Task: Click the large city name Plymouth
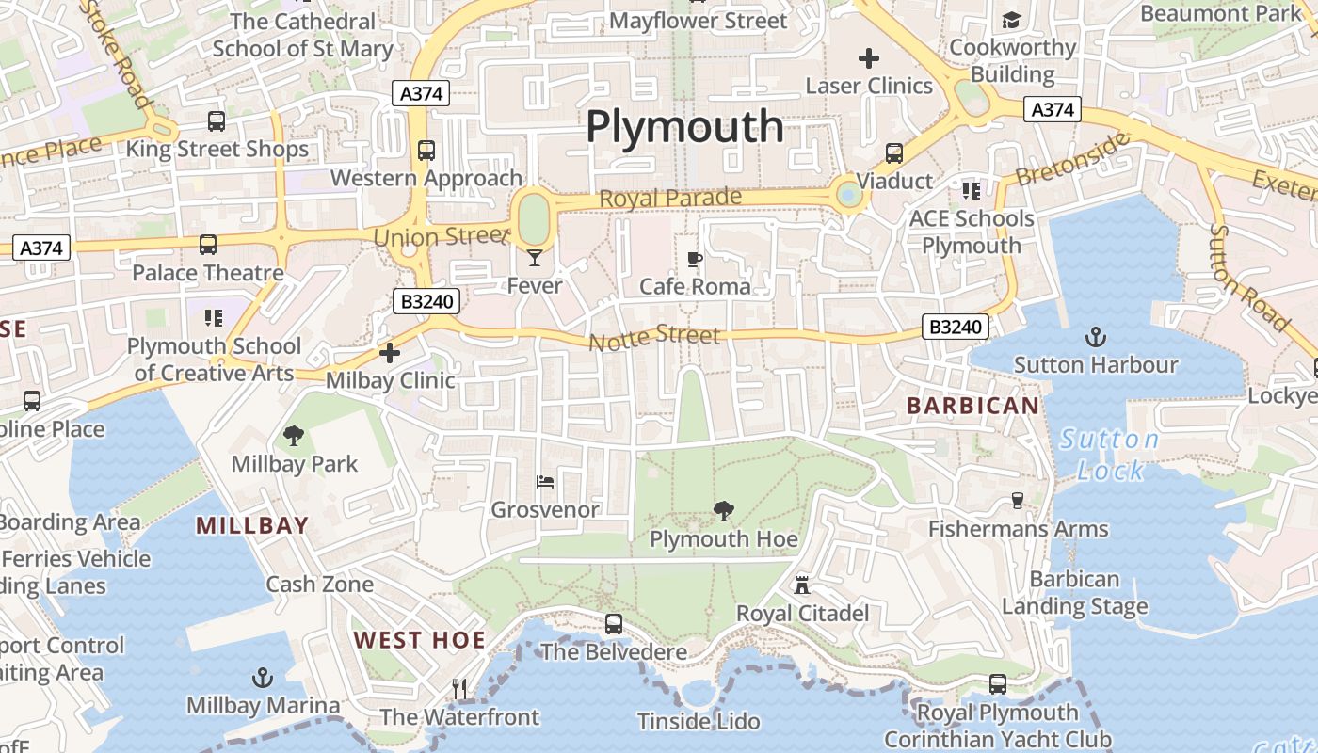point(684,126)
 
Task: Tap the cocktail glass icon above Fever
point(535,257)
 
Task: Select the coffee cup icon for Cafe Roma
point(695,259)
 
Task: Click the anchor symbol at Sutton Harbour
point(1095,337)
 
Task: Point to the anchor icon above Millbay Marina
point(263,678)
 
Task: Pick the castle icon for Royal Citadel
point(802,585)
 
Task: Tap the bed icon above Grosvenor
point(545,482)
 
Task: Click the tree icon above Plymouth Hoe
point(723,511)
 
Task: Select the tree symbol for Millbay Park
point(294,435)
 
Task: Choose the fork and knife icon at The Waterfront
point(459,689)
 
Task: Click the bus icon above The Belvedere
point(614,623)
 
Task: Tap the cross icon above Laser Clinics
point(869,58)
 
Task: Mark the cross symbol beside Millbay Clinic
point(390,353)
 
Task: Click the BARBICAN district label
point(972,406)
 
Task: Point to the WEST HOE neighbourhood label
point(420,641)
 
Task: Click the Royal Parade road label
point(670,199)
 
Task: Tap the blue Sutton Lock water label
point(1109,455)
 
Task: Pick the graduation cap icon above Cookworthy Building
point(1011,20)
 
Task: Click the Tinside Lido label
point(699,722)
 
